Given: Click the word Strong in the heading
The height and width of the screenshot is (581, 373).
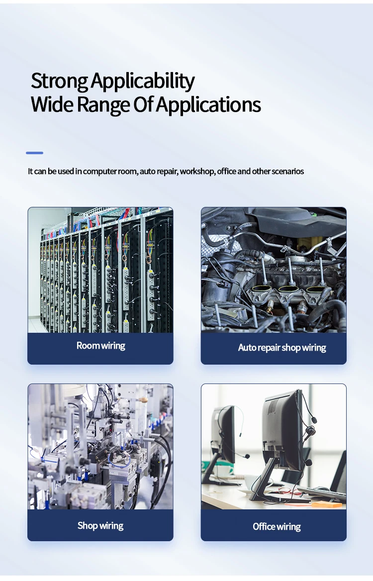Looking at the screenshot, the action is coord(59,81).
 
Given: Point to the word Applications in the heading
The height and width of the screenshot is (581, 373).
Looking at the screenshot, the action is coord(208,105).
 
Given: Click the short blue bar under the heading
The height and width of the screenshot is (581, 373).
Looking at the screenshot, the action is coord(34,153).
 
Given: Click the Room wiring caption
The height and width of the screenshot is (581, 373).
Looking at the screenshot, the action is coord(100,346).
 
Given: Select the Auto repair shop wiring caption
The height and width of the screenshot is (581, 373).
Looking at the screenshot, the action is coord(282,348).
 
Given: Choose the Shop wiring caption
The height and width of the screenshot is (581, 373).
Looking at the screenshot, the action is coord(100,526).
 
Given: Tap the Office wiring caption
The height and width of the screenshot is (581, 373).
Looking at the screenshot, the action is coord(277,527).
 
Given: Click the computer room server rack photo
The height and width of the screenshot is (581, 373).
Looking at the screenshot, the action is coord(100,270).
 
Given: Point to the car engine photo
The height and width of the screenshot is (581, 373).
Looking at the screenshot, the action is coord(274,269).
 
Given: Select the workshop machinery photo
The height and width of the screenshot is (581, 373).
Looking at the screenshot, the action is coord(100,446).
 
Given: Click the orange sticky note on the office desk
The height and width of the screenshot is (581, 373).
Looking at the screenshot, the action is coord(327,504).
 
